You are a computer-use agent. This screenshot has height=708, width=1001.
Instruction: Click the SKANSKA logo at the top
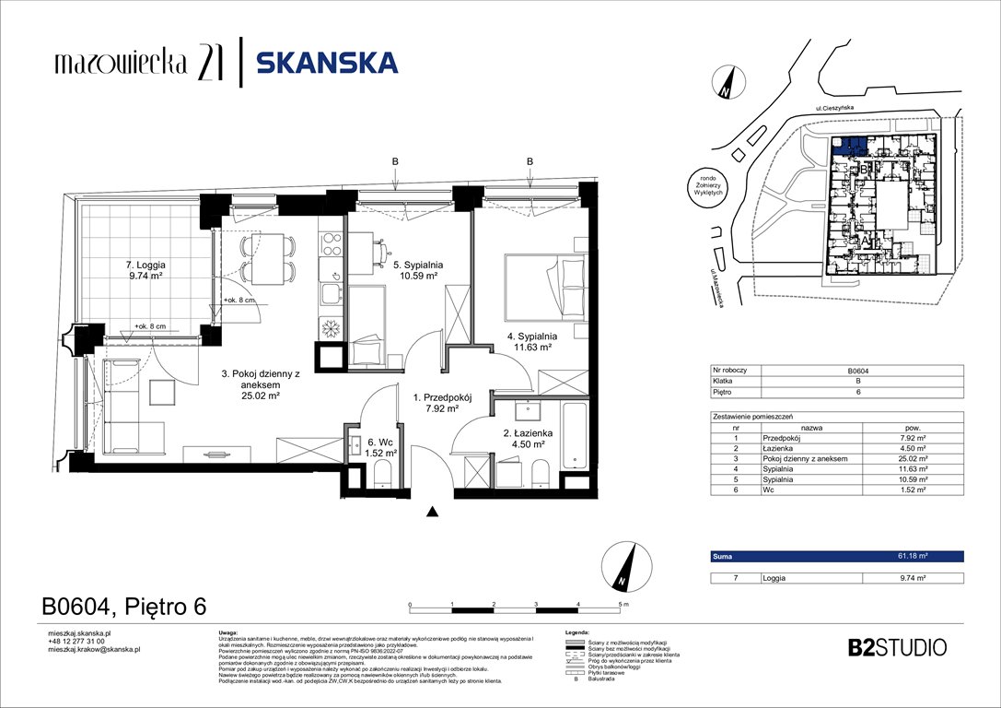[326, 63]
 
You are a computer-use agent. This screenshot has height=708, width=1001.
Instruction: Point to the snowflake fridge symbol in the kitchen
[330, 327]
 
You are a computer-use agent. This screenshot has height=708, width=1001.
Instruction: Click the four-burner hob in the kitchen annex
[331, 244]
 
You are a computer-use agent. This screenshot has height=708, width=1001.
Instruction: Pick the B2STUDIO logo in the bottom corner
[896, 647]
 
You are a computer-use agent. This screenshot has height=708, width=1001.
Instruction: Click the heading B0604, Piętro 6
[123, 607]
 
